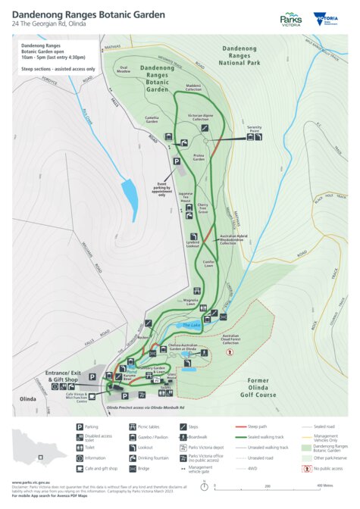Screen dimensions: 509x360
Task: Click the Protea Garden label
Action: pos(199,158)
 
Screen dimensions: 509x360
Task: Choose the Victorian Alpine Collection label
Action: pos(199,118)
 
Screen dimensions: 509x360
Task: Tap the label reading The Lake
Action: pos(192,325)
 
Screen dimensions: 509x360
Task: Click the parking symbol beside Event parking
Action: pos(177,161)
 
